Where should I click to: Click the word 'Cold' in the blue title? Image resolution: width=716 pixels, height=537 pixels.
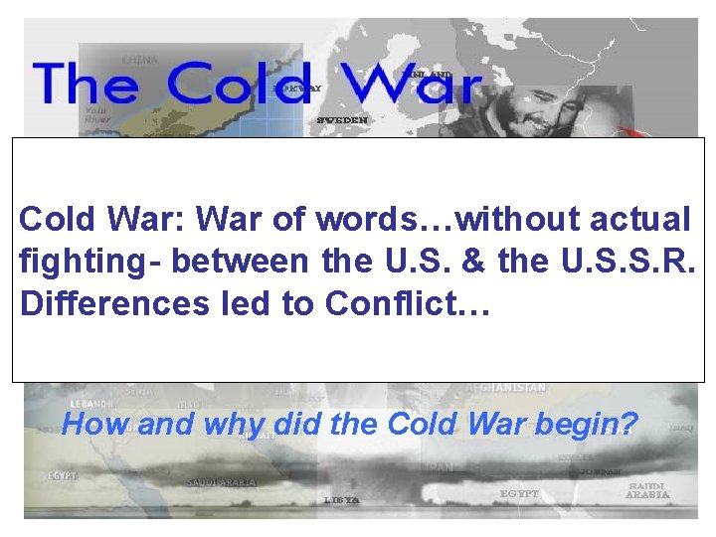239,84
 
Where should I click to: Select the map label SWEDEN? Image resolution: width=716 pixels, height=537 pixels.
342,119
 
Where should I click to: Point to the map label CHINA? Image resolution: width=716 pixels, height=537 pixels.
140,59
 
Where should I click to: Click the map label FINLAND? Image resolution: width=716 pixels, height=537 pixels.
429,75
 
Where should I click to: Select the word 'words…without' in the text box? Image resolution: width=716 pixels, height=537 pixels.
397,218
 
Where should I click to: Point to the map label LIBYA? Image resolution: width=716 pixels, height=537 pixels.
340,499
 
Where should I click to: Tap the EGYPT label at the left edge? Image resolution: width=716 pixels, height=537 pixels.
61,476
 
